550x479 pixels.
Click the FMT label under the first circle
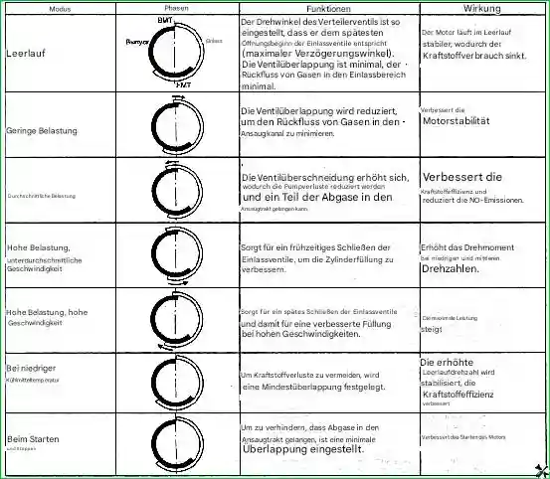(184, 86)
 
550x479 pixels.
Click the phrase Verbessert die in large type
(463, 177)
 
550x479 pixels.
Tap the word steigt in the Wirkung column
(432, 329)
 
